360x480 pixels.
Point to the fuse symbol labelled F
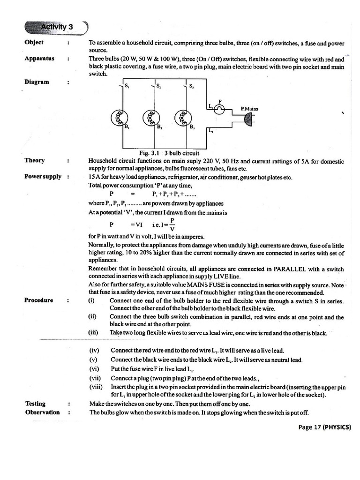pyautogui.click(x=219, y=109)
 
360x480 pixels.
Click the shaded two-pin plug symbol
pyautogui.click(x=248, y=120)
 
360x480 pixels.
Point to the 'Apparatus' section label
pyautogui.click(x=39, y=59)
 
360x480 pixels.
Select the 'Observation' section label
pyautogui.click(x=42, y=412)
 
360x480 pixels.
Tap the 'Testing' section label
pyautogui.click(x=35, y=404)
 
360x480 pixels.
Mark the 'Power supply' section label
pyautogui.click(x=43, y=177)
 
